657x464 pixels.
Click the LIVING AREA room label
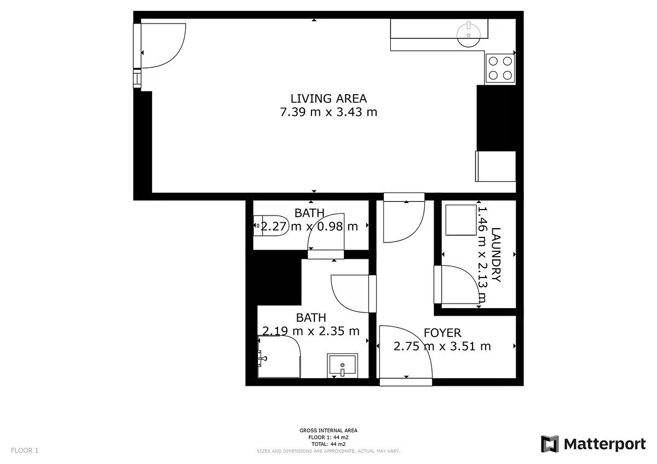click(x=328, y=99)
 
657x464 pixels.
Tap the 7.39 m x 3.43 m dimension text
click(x=328, y=112)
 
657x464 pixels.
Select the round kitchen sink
click(x=469, y=34)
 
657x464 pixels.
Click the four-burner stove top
click(x=500, y=68)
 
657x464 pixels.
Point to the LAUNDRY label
click(x=495, y=254)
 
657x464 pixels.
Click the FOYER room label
click(x=442, y=333)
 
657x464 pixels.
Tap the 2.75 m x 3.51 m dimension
click(x=442, y=346)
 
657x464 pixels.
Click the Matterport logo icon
click(x=550, y=444)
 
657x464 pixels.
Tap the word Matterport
click(x=605, y=444)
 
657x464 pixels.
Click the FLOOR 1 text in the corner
click(x=25, y=450)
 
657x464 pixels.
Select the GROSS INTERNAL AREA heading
click(x=328, y=430)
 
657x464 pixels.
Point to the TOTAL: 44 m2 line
click(x=328, y=444)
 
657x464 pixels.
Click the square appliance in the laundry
click(x=461, y=220)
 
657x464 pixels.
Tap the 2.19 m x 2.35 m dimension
click(x=311, y=331)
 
